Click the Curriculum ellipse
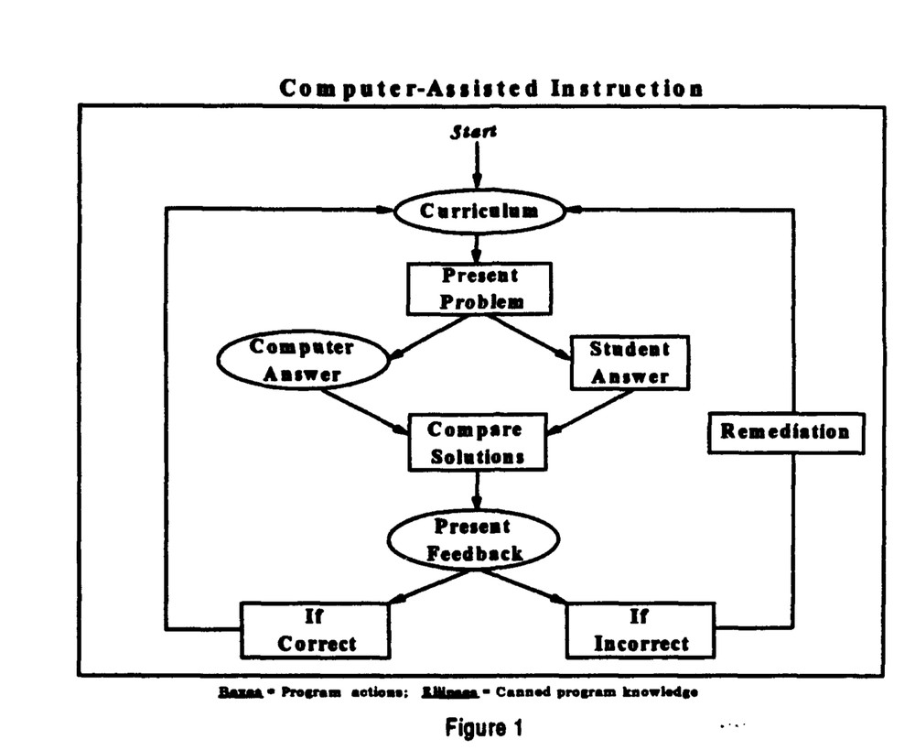coord(479,212)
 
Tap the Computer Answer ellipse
coord(302,361)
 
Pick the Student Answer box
coord(629,362)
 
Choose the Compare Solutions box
coord(476,442)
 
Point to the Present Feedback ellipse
coord(475,540)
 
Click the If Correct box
coord(315,630)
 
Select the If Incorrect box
coord(640,630)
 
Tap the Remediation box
coord(785,431)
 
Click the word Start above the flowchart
coord(474,132)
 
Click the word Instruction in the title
coord(627,88)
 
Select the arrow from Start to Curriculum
coord(477,165)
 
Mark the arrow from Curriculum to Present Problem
coord(477,247)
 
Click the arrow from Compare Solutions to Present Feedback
coord(477,490)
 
